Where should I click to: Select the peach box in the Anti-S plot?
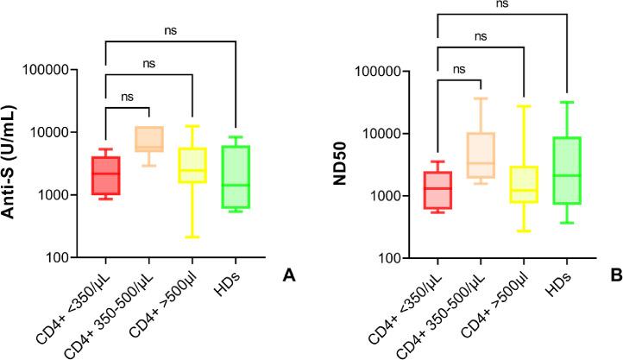(148, 138)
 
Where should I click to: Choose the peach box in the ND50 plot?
(481, 155)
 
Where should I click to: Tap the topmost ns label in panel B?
(502, 4)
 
